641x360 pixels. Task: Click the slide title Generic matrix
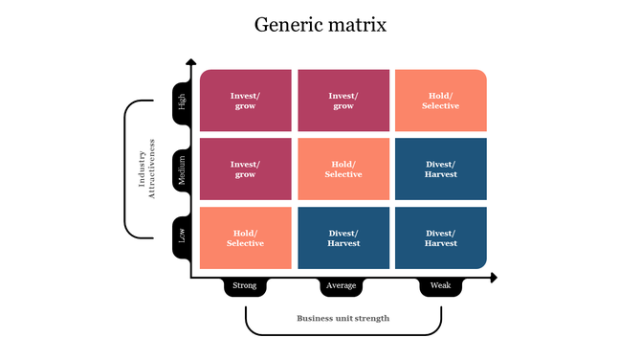[x=320, y=24]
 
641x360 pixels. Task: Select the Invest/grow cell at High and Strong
[x=246, y=101]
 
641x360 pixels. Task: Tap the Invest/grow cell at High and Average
[x=343, y=101]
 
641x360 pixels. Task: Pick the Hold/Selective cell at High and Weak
[x=441, y=101]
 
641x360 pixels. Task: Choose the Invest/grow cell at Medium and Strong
[x=246, y=169]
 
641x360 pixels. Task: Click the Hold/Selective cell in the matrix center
[x=343, y=169]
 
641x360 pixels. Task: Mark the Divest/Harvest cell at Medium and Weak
[x=441, y=169]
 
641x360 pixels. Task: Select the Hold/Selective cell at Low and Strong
[x=246, y=238]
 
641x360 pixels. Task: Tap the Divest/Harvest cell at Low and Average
[x=343, y=238]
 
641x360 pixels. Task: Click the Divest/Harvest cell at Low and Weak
[x=441, y=238]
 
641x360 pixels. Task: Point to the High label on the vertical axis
[x=182, y=101]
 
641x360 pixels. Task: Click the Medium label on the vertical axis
[x=182, y=169]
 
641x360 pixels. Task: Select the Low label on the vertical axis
[x=182, y=236]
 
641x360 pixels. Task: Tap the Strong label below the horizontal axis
[x=246, y=285]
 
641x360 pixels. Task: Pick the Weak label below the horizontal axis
[x=441, y=285]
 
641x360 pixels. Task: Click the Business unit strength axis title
[x=343, y=318]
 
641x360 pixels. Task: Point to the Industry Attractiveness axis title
[x=146, y=169]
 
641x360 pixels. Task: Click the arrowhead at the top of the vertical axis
[x=191, y=63]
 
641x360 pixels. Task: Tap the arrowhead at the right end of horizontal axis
[x=493, y=278]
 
